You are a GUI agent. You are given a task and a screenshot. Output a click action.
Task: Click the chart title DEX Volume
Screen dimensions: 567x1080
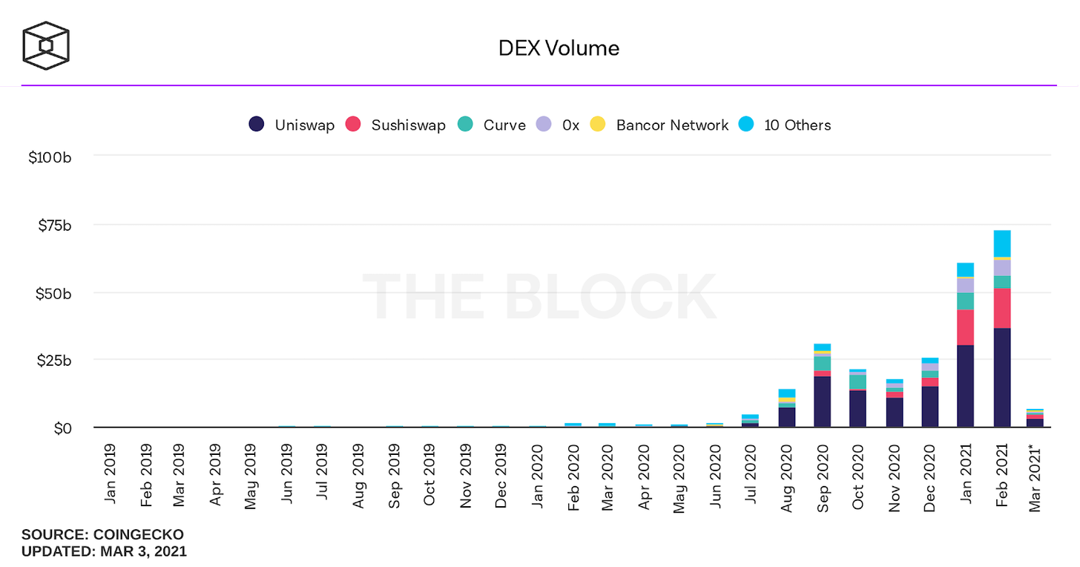pos(559,48)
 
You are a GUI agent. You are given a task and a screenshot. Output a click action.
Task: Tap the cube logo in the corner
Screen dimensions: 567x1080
pos(46,45)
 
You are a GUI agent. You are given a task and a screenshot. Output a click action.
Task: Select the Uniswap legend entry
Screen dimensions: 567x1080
pos(291,125)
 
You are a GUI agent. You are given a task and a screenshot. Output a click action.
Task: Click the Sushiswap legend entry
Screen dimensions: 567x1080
pos(398,125)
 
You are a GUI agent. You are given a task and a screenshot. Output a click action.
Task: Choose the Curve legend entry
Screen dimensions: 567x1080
pos(493,125)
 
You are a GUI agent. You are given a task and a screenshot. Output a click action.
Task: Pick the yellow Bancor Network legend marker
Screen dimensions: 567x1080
pos(598,125)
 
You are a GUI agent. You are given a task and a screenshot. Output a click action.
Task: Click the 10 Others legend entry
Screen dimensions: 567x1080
pos(786,125)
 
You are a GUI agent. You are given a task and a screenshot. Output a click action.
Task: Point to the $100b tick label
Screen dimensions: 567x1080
pos(49,157)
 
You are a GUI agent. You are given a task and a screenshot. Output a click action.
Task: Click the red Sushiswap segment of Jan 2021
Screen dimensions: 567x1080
pos(966,327)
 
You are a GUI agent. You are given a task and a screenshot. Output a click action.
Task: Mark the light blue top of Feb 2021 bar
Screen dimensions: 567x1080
pos(1002,243)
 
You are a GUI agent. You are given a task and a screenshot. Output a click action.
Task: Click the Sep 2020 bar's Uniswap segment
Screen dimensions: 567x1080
pos(822,402)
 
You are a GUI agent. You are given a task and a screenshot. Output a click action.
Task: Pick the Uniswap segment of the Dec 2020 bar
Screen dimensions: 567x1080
pos(930,407)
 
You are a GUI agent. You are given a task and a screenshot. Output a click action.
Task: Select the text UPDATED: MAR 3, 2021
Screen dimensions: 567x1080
pos(104,551)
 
